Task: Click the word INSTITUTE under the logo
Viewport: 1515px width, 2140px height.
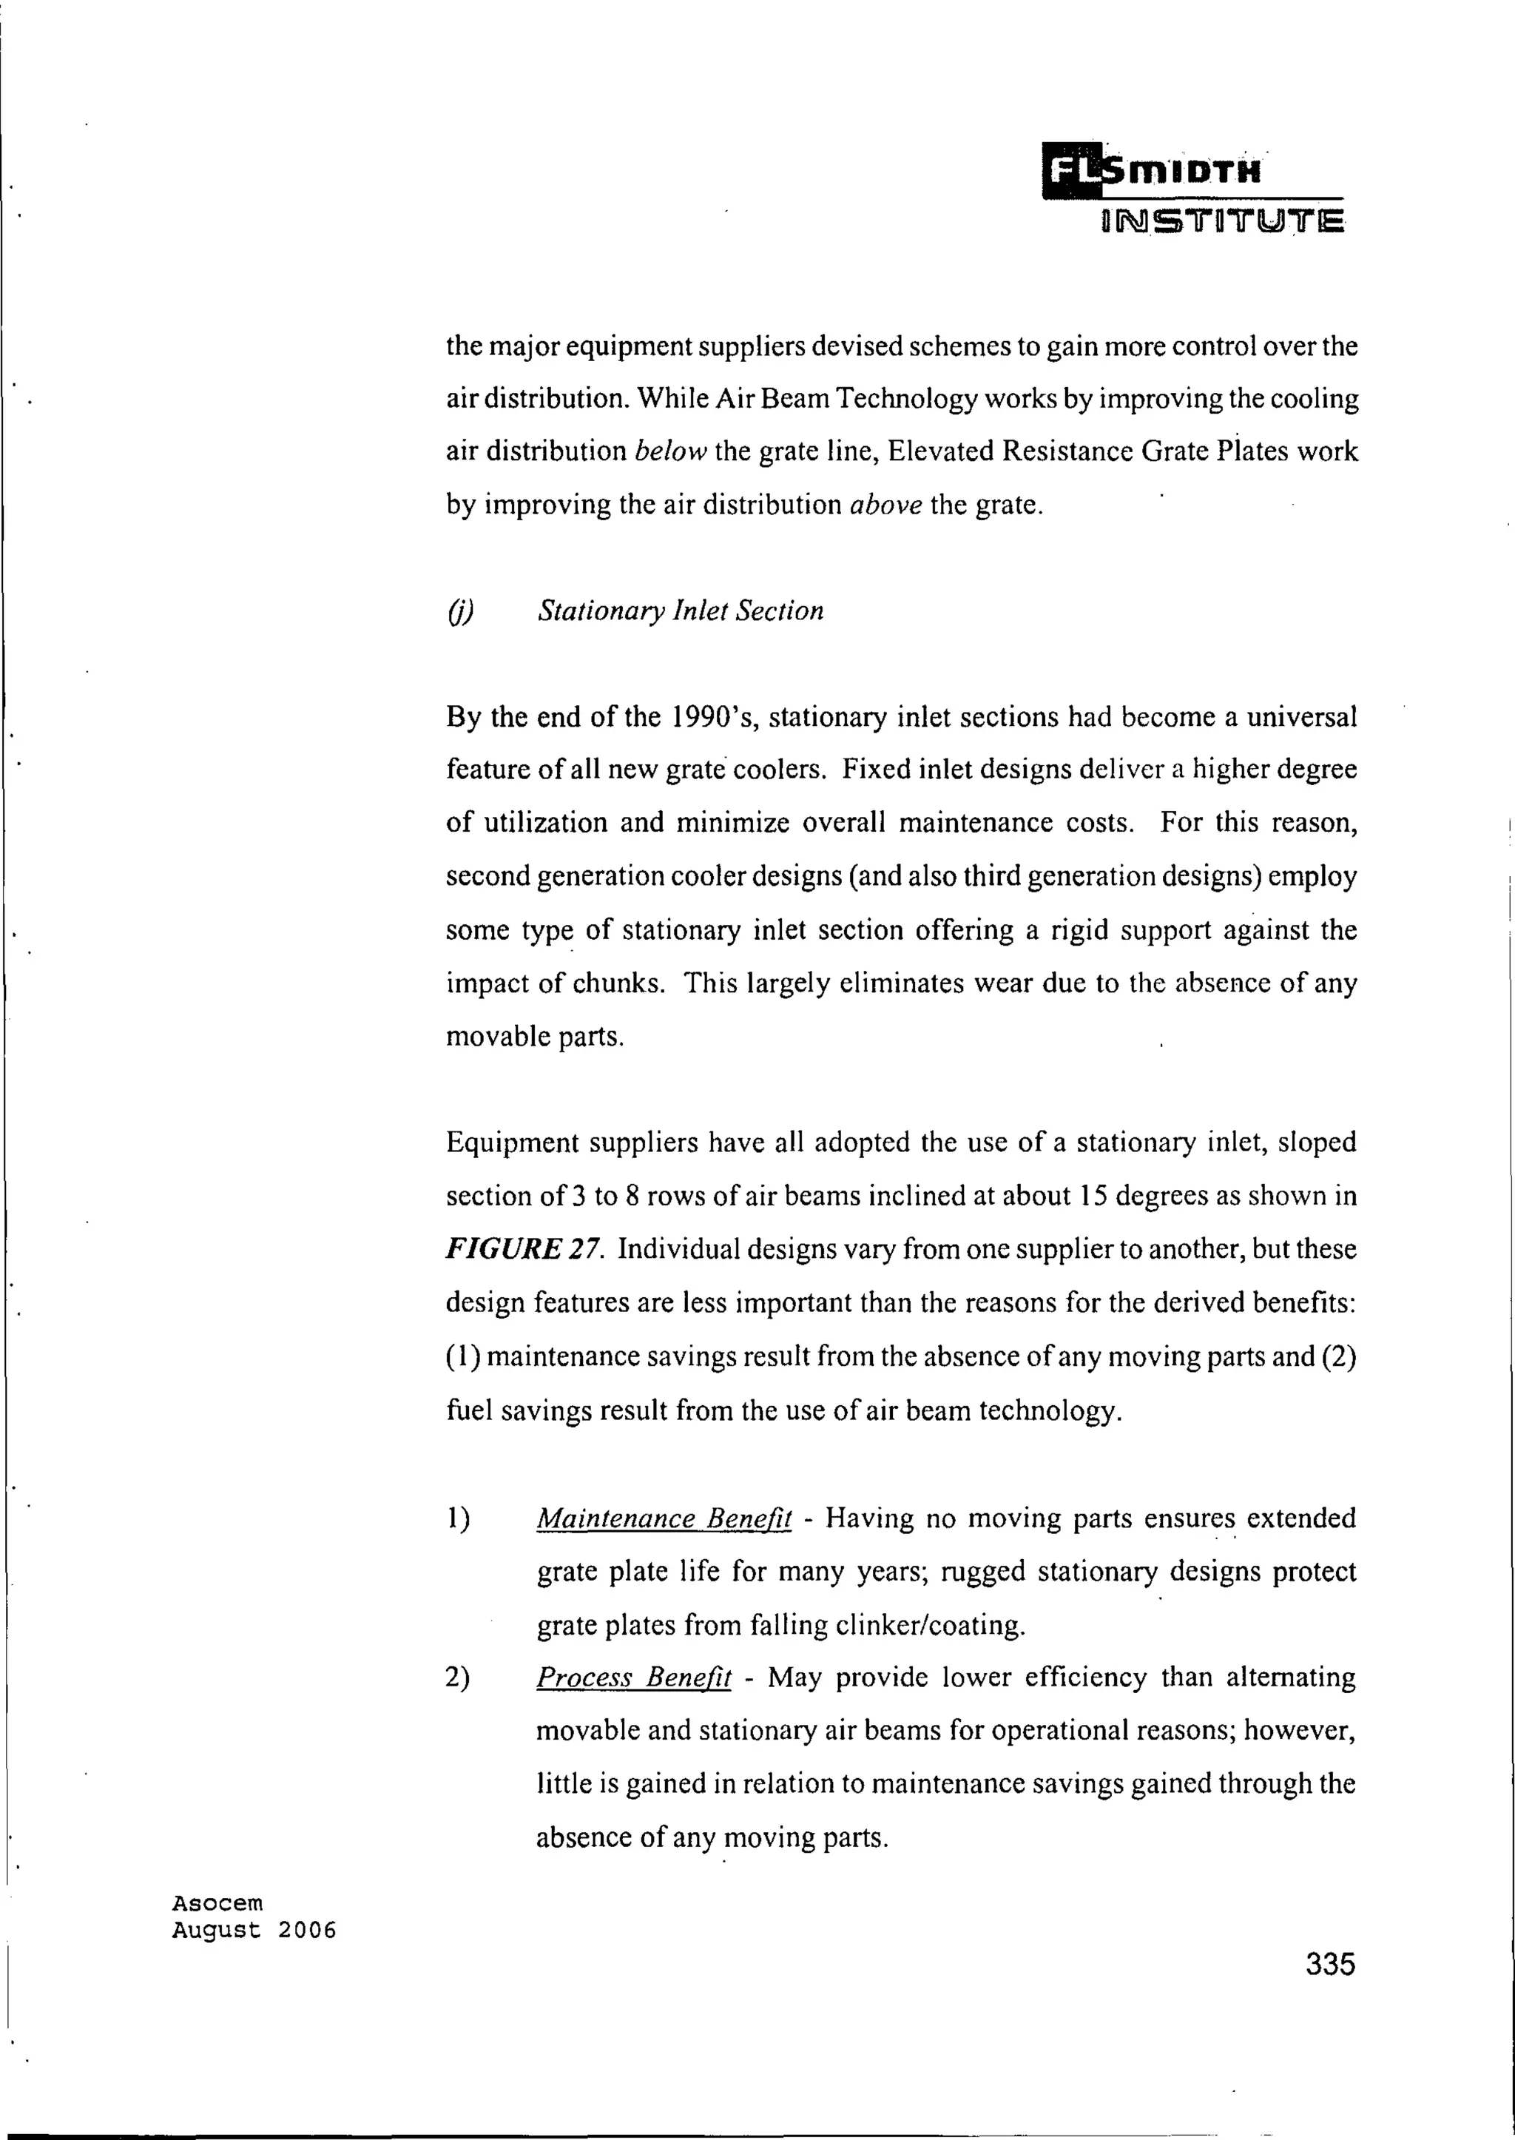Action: click(x=1222, y=223)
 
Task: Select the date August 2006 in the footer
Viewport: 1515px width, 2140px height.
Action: click(x=254, y=1930)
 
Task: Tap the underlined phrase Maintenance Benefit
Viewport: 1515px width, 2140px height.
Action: click(x=664, y=1519)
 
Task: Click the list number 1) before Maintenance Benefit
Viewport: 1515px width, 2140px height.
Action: click(x=458, y=1519)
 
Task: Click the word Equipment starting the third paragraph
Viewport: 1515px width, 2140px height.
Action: click(x=510, y=1143)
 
